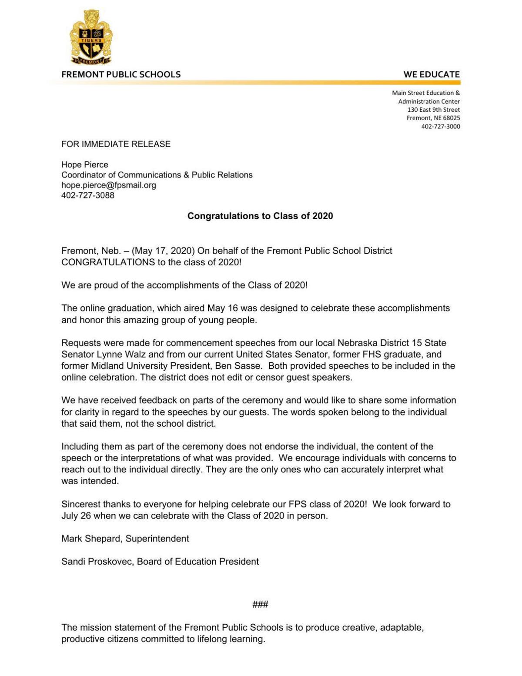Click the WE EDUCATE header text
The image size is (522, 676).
431,74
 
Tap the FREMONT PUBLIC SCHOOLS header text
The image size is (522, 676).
121,74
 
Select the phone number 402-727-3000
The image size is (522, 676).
440,127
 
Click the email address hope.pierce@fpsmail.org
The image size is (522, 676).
108,185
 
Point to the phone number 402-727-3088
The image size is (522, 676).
88,195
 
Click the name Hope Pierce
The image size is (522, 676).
84,164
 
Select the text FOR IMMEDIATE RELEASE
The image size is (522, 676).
116,144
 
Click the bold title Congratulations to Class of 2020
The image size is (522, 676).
260,216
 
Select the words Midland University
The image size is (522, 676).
128,366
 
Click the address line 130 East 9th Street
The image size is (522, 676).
433,110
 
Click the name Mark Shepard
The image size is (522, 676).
91,539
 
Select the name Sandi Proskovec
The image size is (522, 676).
97,562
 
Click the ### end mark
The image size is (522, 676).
260,604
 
